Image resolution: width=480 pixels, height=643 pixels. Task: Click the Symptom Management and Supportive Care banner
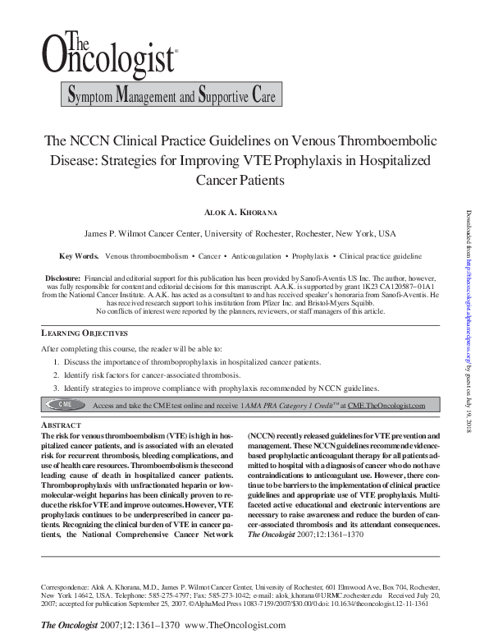point(171,96)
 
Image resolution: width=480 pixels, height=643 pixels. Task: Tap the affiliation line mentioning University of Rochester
point(240,233)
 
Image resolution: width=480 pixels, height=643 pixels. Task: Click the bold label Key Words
point(80,256)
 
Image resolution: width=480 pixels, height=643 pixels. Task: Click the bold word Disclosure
point(62,279)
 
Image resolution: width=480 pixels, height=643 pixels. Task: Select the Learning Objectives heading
point(85,333)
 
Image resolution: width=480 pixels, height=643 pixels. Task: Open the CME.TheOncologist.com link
point(386,405)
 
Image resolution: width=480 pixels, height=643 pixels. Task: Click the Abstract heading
point(61,425)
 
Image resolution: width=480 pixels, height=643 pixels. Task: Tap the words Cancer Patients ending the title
point(240,178)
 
